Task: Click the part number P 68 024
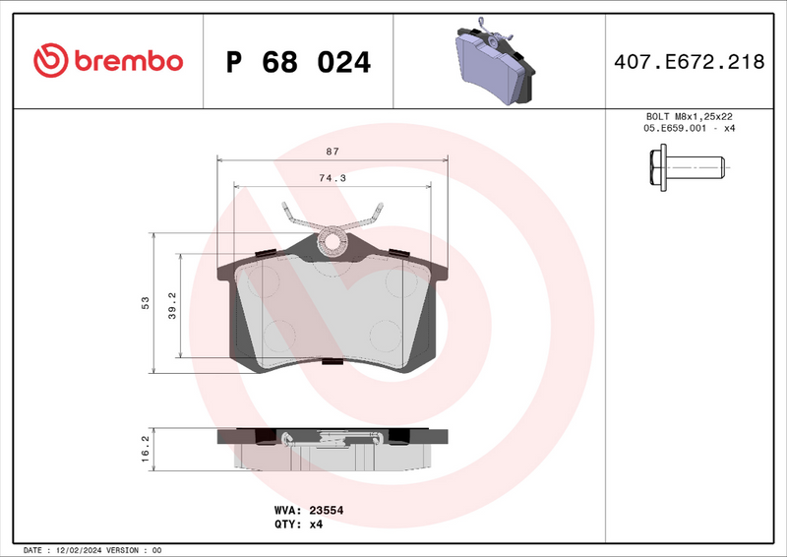coord(298,62)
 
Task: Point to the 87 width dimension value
coord(332,152)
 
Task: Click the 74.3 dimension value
coord(332,178)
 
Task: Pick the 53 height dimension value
coord(145,303)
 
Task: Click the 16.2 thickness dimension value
coord(145,448)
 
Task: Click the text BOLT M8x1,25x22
coord(690,116)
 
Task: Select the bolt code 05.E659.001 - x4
coord(690,129)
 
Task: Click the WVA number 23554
coord(327,511)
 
